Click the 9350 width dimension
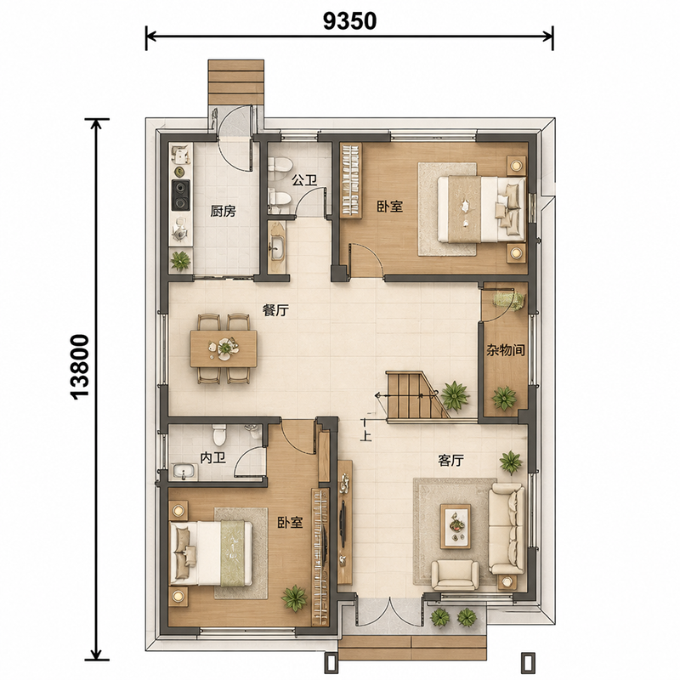tap(349, 20)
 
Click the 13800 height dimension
tap(80, 366)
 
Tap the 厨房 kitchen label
tap(223, 211)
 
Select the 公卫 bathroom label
tap(304, 180)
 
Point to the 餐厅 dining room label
tap(275, 310)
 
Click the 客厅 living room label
tap(450, 460)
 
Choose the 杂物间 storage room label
tap(505, 349)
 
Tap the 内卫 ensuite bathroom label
tap(213, 458)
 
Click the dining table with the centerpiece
tap(224, 348)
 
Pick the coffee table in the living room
tap(456, 525)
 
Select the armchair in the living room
tap(455, 575)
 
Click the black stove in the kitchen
tap(180, 195)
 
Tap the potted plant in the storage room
tap(504, 398)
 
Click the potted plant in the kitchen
tap(180, 260)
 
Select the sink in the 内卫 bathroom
tap(184, 472)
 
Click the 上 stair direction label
tap(366, 435)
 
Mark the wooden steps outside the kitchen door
tap(236, 82)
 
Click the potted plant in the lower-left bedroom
tap(294, 598)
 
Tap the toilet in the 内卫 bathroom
tap(220, 434)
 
